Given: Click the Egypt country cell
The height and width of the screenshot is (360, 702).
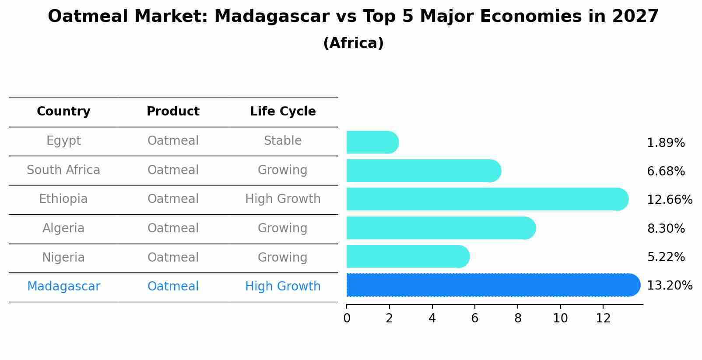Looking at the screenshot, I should [x=63, y=141].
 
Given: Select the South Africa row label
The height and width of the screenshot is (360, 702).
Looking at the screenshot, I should [x=63, y=170].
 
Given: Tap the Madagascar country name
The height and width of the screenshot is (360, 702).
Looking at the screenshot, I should [x=63, y=287].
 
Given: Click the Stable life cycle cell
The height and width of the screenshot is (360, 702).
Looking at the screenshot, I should [x=283, y=141].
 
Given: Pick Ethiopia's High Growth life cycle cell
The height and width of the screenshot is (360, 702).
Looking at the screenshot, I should [x=283, y=199].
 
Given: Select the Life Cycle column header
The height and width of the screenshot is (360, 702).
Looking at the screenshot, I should [x=283, y=112].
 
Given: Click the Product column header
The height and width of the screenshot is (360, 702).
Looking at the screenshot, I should [x=173, y=112].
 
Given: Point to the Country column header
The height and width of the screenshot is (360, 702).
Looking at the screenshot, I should [x=63, y=112].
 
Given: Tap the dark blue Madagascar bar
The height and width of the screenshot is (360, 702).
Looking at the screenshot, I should [x=490, y=285].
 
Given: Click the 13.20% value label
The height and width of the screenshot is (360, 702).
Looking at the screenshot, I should [x=670, y=286].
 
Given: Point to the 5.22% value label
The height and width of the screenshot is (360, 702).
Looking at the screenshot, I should [x=666, y=257].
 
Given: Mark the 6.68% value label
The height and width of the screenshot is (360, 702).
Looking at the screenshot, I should [x=666, y=171].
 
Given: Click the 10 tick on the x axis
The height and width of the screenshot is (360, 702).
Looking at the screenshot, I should [x=560, y=318].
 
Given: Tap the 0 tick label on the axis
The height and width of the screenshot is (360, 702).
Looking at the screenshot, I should [x=347, y=318].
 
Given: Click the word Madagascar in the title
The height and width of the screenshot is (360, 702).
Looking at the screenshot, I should [x=271, y=17].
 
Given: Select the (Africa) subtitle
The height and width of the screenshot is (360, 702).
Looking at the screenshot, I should [x=353, y=43].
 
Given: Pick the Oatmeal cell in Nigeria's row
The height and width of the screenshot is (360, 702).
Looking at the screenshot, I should [x=173, y=258].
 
